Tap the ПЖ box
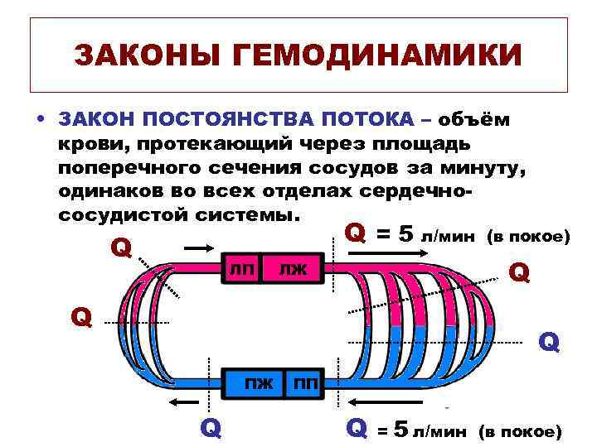[x=258, y=383]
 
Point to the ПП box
[x=304, y=384]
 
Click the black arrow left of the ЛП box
[x=198, y=247]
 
